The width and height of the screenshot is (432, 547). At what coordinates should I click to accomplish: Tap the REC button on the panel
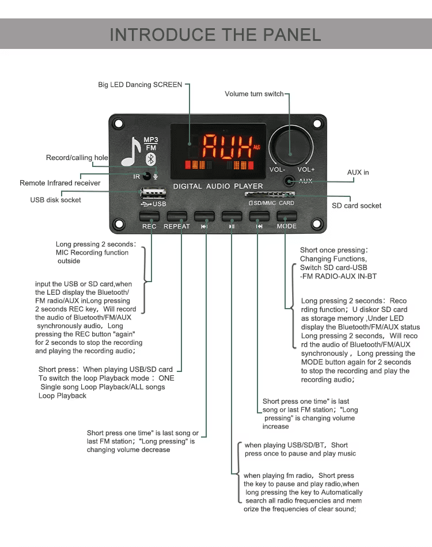149,216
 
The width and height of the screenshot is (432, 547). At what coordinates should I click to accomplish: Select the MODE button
286,216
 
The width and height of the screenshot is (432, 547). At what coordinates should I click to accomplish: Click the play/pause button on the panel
232,216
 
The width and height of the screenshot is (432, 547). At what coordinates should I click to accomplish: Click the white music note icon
131,152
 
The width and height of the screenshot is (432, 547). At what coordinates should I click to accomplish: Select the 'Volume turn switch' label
254,94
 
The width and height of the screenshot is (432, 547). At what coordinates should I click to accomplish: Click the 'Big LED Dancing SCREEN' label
140,85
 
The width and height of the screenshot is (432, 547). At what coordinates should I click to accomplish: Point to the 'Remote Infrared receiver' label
60,183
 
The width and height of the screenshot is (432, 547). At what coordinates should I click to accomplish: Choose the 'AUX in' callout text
358,172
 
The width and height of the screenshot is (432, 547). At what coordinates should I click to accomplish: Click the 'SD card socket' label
357,206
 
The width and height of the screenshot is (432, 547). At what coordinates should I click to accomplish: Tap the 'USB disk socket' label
55,200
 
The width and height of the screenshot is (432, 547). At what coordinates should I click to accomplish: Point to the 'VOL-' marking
277,169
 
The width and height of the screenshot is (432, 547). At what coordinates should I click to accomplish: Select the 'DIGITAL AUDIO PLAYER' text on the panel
218,186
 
